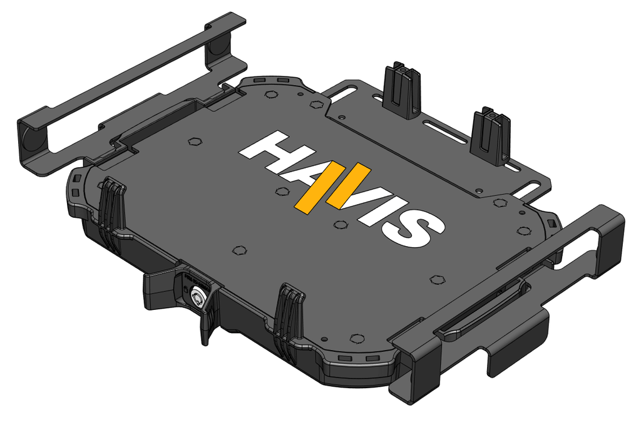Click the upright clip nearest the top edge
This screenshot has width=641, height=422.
pos(403,91)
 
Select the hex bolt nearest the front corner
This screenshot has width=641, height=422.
pos(357,338)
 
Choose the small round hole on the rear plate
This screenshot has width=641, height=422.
pos(479,188)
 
